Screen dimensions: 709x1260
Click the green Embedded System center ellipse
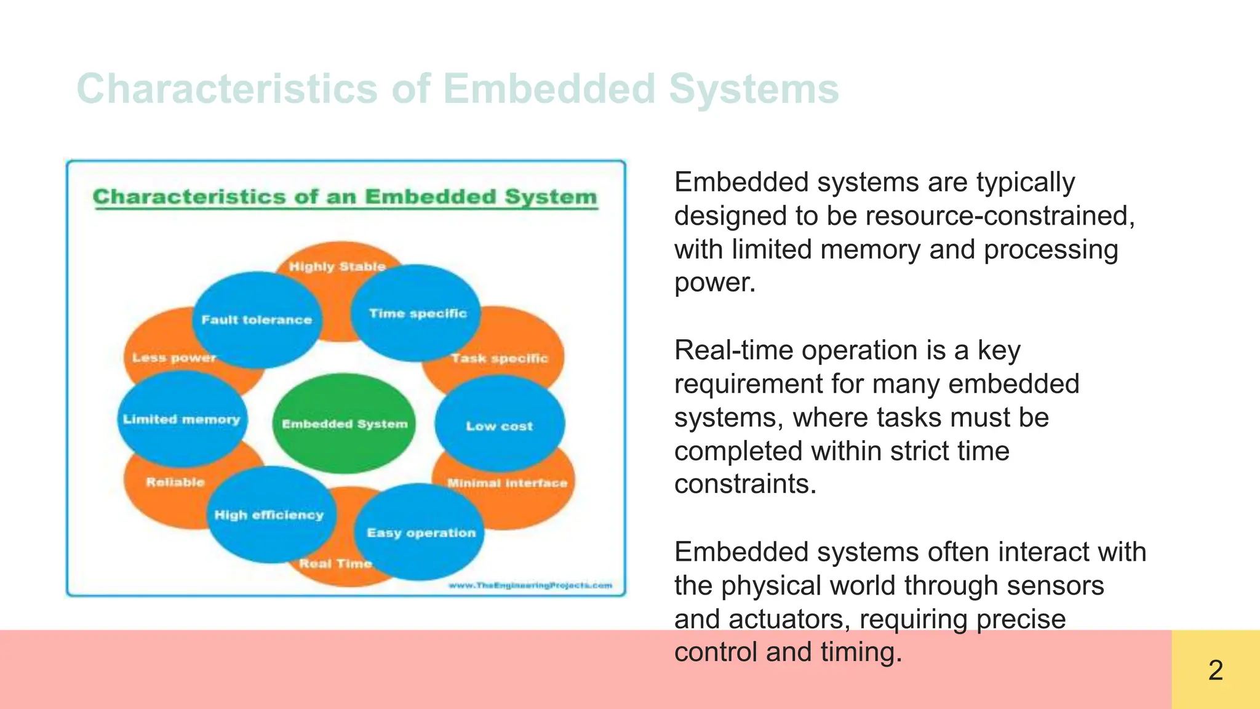pyautogui.click(x=345, y=423)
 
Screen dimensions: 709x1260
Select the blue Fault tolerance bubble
pyautogui.click(x=257, y=319)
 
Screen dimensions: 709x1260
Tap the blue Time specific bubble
pyautogui.click(x=417, y=313)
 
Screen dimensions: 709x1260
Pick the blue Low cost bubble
pyautogui.click(x=499, y=425)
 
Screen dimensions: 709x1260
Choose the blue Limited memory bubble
pyautogui.click(x=181, y=419)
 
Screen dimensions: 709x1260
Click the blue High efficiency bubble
pyautogui.click(x=269, y=515)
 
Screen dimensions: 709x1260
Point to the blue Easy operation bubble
pyautogui.click(x=421, y=532)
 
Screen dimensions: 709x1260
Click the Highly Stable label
pyautogui.click(x=337, y=266)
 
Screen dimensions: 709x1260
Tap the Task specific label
pyautogui.click(x=499, y=358)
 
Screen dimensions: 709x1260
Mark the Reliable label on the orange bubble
pyautogui.click(x=175, y=482)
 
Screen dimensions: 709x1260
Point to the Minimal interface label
pyautogui.click(x=507, y=483)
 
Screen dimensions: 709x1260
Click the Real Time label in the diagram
pyautogui.click(x=335, y=563)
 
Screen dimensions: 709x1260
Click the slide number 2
pyautogui.click(x=1215, y=670)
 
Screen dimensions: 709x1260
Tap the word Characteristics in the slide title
pyautogui.click(x=226, y=89)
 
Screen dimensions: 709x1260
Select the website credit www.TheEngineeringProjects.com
pyautogui.click(x=530, y=585)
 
